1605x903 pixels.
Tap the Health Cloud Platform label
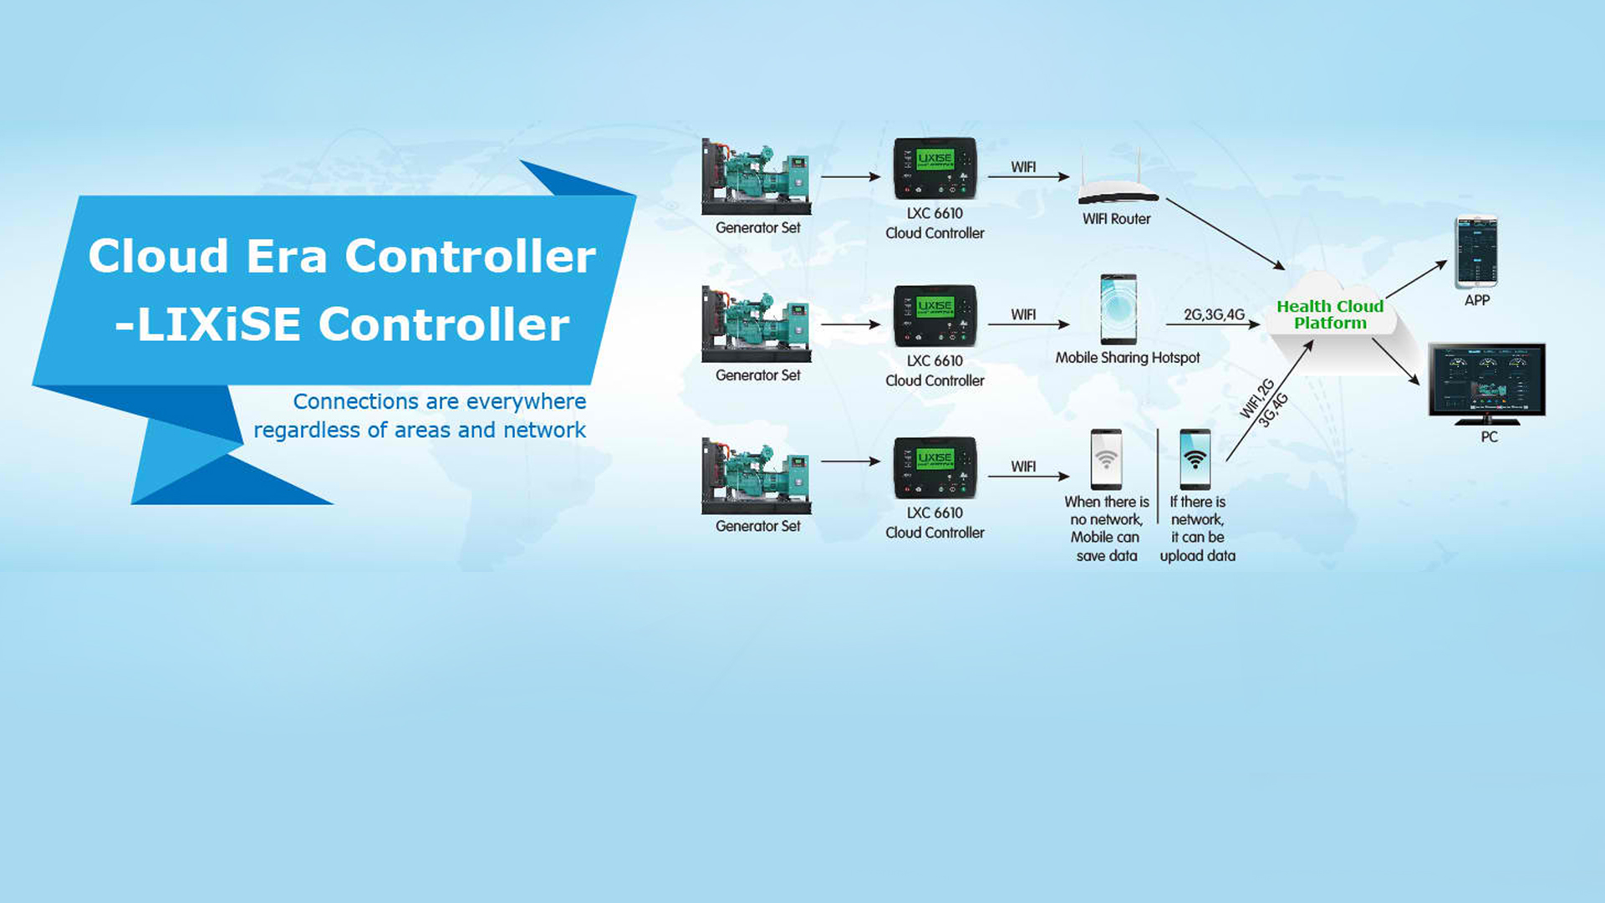1330,314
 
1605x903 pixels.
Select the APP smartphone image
1476,252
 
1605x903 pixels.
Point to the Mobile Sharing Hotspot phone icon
1118,309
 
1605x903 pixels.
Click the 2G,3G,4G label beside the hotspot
1214,314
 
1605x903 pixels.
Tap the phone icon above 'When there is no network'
1106,459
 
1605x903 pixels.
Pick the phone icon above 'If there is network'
1195,459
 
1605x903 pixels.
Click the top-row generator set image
757,177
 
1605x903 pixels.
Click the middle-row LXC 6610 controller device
935,315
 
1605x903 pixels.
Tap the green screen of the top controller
935,159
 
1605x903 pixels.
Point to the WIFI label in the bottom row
1023,467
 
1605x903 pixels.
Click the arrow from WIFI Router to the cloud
1225,234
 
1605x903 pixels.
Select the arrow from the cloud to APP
1416,279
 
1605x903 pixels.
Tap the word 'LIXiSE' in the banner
219,324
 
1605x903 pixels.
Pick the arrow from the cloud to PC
1396,361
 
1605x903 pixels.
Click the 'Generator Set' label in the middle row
758,375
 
